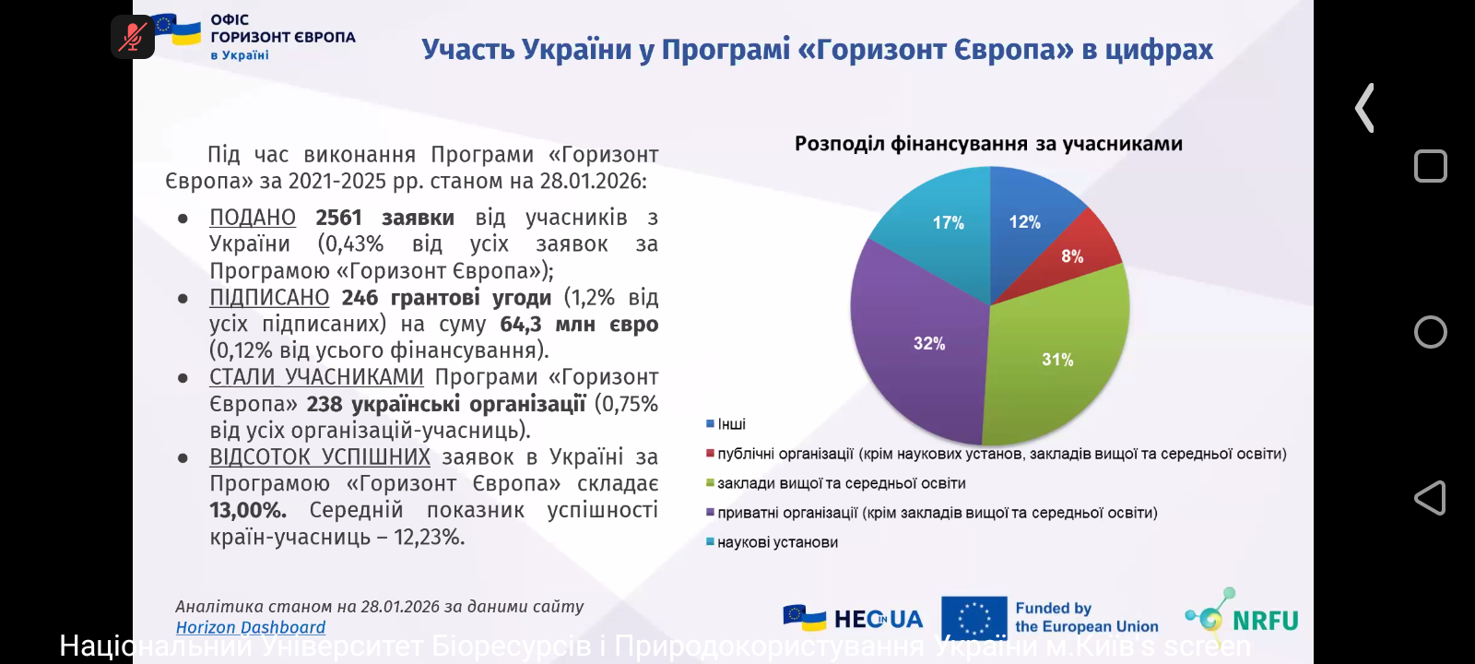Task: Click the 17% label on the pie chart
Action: pyautogui.click(x=948, y=222)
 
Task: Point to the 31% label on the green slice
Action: pyautogui.click(x=1057, y=360)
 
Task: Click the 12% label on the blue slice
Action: pyautogui.click(x=1024, y=221)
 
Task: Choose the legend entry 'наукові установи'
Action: pyautogui.click(x=777, y=542)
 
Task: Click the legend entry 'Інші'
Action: pyautogui.click(x=731, y=424)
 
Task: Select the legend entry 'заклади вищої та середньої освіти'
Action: pyautogui.click(x=841, y=483)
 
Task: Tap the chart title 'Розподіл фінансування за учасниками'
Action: pyautogui.click(x=988, y=144)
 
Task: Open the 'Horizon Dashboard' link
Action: pyautogui.click(x=251, y=627)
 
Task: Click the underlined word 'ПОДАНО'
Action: pyautogui.click(x=253, y=218)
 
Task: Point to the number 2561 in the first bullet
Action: pyautogui.click(x=338, y=218)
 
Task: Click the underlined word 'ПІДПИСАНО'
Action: pyautogui.click(x=269, y=298)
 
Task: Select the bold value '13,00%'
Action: pyautogui.click(x=247, y=510)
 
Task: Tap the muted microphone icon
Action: pyautogui.click(x=133, y=37)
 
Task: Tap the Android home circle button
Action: pyautogui.click(x=1430, y=332)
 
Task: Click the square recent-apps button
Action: pyautogui.click(x=1430, y=166)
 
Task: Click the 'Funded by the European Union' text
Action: pyautogui.click(x=1086, y=618)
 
